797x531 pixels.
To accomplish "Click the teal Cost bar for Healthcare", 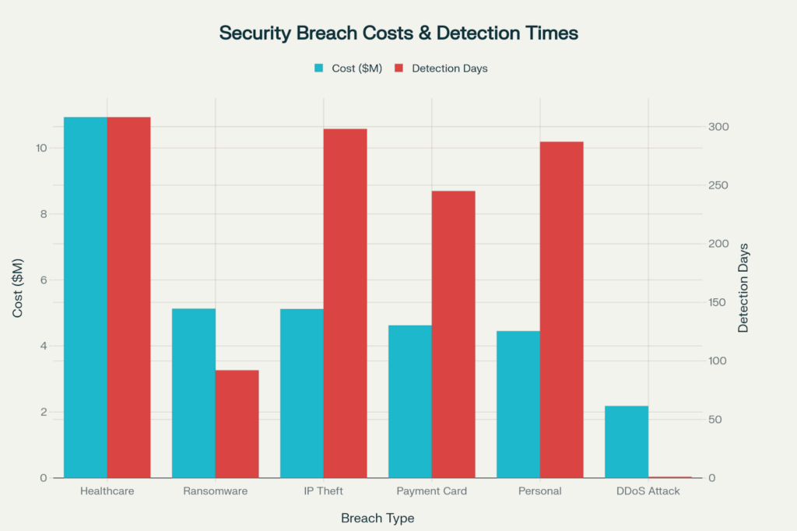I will [x=85, y=297].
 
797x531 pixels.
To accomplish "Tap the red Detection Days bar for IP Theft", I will [x=345, y=303].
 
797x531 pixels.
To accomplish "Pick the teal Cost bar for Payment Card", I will [x=409, y=401].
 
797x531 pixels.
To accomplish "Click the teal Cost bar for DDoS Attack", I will [x=626, y=441].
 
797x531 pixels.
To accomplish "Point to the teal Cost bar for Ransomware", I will [x=193, y=392].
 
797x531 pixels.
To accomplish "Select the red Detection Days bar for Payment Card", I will [x=453, y=334].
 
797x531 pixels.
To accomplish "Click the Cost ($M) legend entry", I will [x=348, y=69].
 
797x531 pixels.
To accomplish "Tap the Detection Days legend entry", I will [x=441, y=69].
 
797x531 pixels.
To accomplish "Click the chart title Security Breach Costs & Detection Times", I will [x=398, y=33].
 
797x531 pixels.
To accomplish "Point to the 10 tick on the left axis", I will [x=40, y=148].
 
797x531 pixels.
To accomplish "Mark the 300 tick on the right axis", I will [x=718, y=127].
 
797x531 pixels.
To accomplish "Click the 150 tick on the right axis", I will [x=718, y=302].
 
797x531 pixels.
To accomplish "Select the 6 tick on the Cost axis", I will [x=43, y=280].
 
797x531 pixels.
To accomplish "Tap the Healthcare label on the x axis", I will [x=107, y=491].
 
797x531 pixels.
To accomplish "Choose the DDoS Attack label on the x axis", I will [x=648, y=491].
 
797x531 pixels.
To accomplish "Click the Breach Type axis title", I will [x=377, y=518].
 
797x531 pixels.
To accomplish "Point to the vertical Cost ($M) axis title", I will [x=18, y=287].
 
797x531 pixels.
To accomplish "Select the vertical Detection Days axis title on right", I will [x=743, y=288].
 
